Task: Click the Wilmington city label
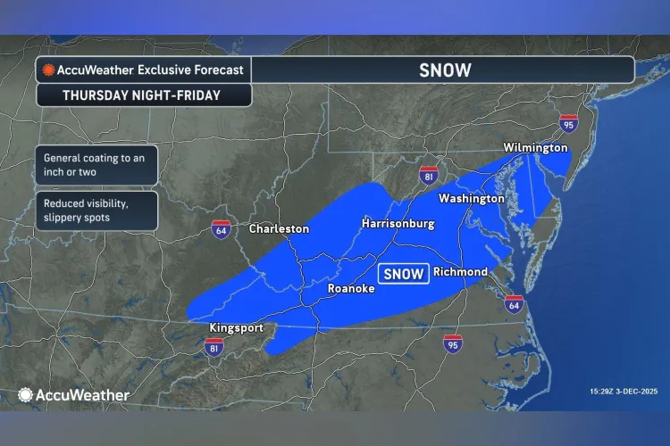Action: pos(535,147)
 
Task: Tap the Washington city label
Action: pos(471,199)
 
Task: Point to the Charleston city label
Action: pos(279,229)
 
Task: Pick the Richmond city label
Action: pos(460,271)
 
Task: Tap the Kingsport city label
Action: pos(236,327)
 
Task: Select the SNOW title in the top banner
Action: pos(444,70)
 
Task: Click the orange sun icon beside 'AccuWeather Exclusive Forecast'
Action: pos(48,70)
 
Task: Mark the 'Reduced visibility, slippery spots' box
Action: pos(96,210)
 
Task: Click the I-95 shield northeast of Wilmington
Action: pos(568,124)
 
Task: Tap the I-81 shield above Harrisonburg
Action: pos(430,173)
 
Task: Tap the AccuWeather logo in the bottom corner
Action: pos(73,394)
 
